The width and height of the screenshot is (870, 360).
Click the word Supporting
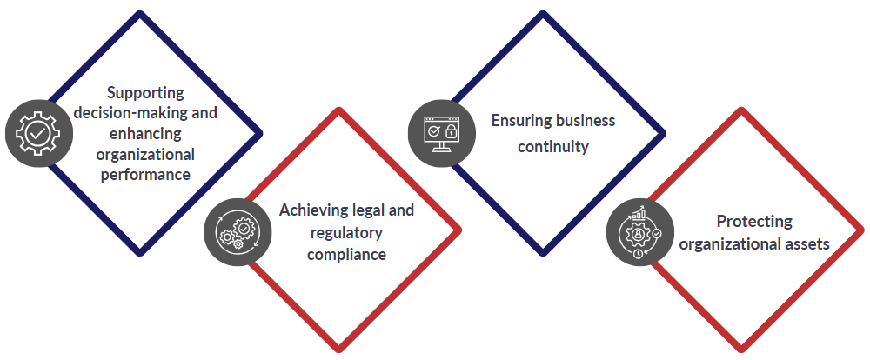pyautogui.click(x=146, y=92)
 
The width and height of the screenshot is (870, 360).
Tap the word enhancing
pyautogui.click(x=146, y=133)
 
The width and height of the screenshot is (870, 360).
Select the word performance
pyautogui.click(x=146, y=174)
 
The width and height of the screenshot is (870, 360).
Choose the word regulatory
pyautogui.click(x=346, y=233)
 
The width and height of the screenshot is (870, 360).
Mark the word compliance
pyautogui.click(x=346, y=254)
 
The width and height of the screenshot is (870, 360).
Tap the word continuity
pyautogui.click(x=553, y=146)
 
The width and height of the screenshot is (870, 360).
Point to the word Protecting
pyautogui.click(x=754, y=221)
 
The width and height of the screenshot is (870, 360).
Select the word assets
pyautogui.click(x=806, y=244)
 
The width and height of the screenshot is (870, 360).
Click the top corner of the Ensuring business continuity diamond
pyautogui.click(x=544, y=13)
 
